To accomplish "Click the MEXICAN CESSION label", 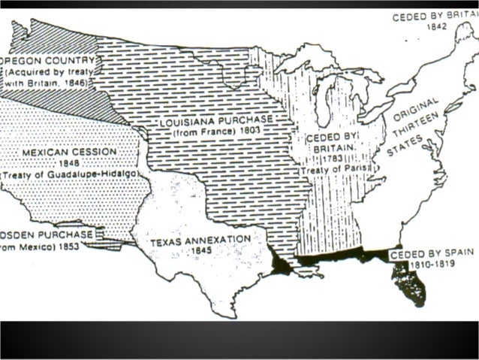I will pyautogui.click(x=69, y=151).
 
